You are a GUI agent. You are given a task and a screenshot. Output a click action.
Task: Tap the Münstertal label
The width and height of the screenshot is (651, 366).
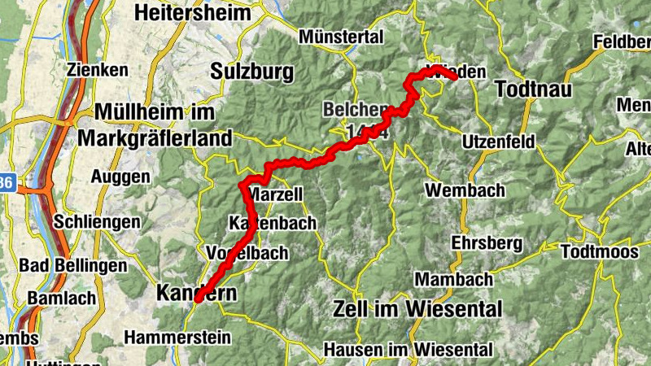tap(341, 37)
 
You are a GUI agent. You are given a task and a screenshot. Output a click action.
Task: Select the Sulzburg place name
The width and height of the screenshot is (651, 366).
tap(251, 72)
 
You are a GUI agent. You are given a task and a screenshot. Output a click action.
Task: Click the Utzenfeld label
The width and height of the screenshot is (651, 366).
tap(498, 142)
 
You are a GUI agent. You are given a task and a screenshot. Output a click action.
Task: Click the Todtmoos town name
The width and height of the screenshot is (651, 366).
tap(600, 252)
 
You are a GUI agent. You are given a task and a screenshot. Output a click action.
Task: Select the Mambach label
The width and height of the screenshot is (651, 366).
tap(454, 279)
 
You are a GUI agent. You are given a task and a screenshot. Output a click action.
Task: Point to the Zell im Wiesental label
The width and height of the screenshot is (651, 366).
tap(417, 309)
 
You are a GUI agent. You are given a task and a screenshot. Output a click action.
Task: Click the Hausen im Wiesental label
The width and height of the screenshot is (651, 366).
tap(408, 350)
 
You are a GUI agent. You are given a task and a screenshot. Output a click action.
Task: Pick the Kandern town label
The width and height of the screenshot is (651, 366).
tap(195, 293)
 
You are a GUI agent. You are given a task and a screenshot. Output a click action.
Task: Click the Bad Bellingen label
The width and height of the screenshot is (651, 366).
tap(72, 265)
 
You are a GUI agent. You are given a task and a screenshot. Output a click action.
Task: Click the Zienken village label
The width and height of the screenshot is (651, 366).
tap(99, 70)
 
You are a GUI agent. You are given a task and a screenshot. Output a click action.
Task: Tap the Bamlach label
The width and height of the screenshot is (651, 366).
tap(61, 298)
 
